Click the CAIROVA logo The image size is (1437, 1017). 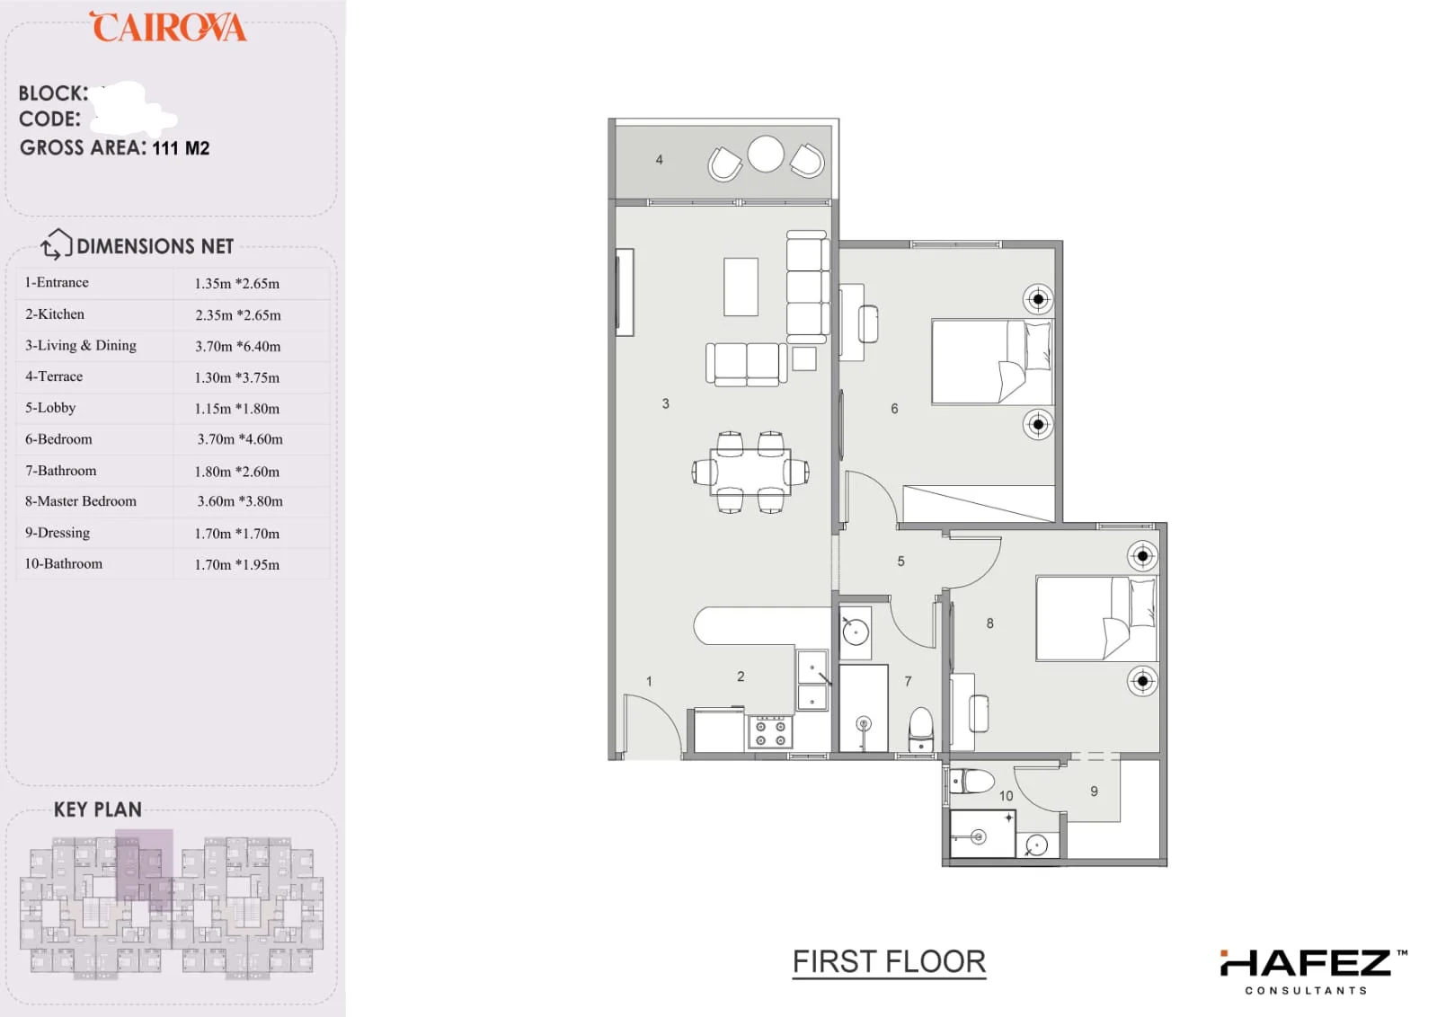(168, 27)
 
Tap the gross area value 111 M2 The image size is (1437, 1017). (181, 149)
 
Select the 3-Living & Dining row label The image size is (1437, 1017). (81, 346)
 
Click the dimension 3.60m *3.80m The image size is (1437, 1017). (240, 501)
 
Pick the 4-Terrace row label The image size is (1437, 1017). (54, 376)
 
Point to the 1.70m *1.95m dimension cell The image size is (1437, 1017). (237, 565)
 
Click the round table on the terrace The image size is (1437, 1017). (766, 154)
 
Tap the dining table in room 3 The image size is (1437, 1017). (750, 472)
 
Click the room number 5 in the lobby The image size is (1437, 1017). (900, 562)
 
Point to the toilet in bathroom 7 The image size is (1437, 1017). (920, 730)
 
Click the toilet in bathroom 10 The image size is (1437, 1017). (971, 782)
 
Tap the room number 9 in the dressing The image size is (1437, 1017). (1094, 791)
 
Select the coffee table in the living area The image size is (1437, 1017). (741, 287)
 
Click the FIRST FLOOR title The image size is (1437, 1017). (889, 962)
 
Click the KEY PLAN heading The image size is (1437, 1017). (98, 809)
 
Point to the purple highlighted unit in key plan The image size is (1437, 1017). (145, 869)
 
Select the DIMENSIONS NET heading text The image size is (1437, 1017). (155, 247)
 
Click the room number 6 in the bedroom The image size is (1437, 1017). (894, 409)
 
